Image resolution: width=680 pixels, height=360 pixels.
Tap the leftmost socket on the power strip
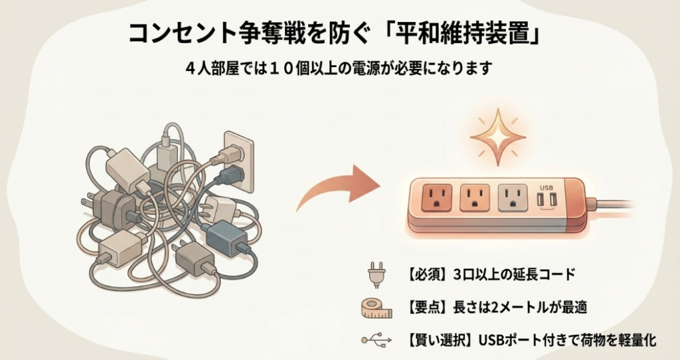[x=436, y=197]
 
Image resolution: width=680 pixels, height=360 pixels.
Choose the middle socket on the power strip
[x=474, y=197]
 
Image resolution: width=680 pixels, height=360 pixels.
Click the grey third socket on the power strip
[x=513, y=197]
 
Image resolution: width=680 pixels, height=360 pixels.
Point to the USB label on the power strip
[x=547, y=187]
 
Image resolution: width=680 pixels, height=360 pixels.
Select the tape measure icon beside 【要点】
[x=375, y=307]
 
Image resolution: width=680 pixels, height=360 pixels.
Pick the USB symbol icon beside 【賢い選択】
[x=375, y=340]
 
